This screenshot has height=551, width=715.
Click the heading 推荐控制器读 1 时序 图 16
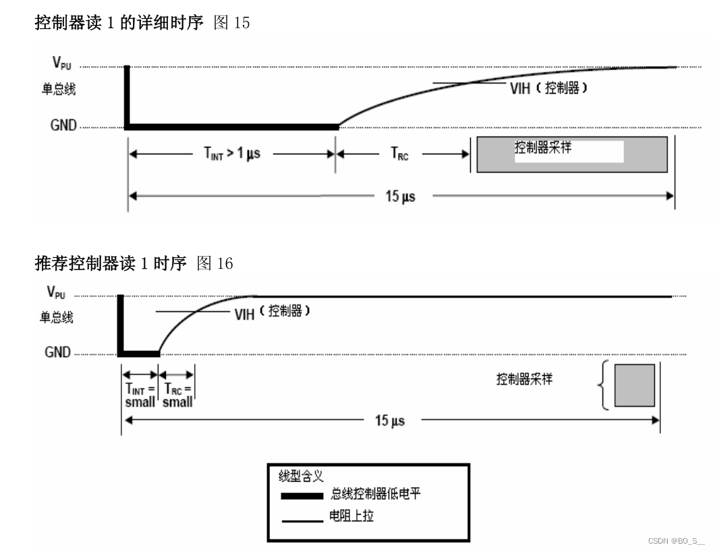pos(134,263)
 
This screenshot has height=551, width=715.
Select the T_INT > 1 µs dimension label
pos(231,153)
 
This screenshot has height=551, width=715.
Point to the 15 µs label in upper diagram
pos(401,196)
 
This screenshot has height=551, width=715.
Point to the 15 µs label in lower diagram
pos(390,420)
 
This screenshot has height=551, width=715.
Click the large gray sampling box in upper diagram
pos(572,155)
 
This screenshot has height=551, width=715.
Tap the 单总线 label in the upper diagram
pos(59,90)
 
